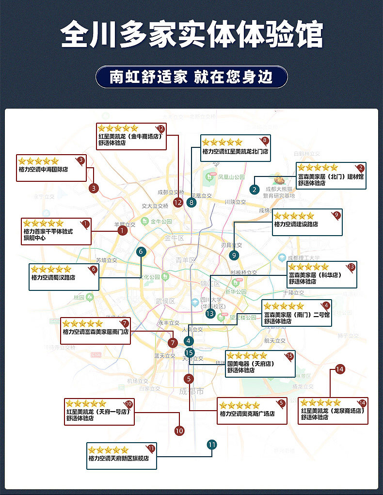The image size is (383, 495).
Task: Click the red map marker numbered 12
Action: coord(178,202)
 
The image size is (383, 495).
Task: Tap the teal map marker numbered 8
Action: coord(191,202)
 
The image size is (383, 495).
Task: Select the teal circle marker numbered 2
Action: coord(255,190)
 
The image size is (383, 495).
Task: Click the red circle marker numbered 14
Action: coord(340,369)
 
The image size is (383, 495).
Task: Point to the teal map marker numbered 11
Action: coord(211,445)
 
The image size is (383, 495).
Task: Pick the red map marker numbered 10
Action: coord(179,430)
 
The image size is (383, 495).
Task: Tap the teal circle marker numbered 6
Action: coord(141,252)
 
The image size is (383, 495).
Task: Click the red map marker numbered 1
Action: coord(122,231)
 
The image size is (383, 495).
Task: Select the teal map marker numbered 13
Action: coord(210,314)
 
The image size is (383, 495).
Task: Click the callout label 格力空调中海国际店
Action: coord(43,170)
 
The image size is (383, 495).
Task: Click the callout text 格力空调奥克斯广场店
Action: coord(247,414)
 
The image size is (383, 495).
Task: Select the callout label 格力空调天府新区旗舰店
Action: coord(118,458)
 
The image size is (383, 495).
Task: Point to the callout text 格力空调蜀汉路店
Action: coord(54,278)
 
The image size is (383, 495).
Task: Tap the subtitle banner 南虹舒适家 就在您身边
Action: coord(191,77)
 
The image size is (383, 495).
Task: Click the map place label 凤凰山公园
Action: coord(231,177)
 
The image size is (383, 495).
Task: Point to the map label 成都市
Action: coord(191,392)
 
